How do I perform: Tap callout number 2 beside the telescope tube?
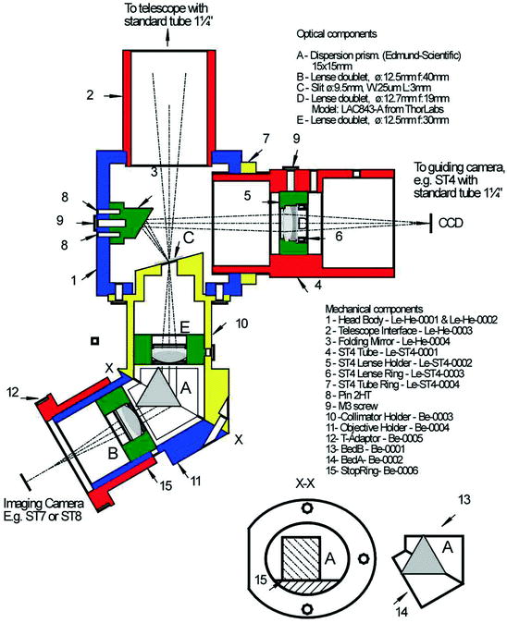[89, 93]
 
